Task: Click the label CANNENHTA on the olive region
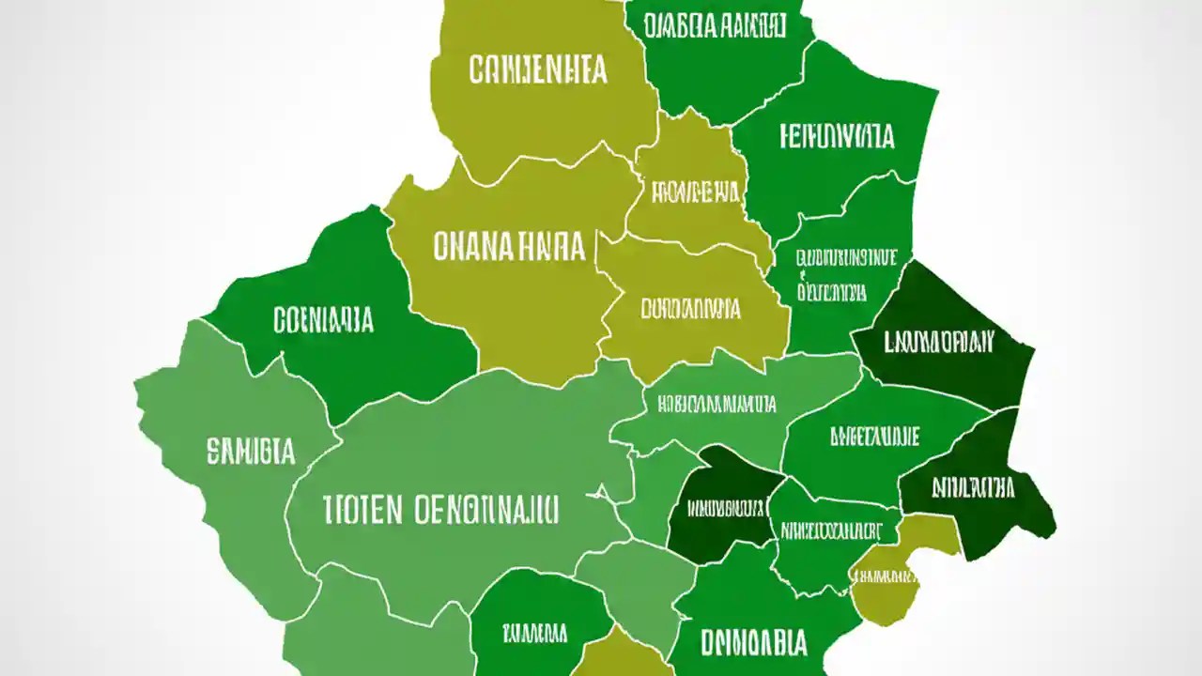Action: (538, 70)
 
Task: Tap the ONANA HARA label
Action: (509, 247)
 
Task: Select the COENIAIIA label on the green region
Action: (323, 320)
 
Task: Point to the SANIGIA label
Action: (251, 452)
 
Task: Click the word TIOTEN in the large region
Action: (362, 510)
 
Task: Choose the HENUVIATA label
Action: (837, 136)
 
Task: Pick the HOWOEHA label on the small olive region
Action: (696, 192)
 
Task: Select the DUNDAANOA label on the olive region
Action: (691, 309)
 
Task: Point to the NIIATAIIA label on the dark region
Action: (974, 487)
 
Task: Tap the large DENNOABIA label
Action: (753, 643)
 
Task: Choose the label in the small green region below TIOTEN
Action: (534, 631)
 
